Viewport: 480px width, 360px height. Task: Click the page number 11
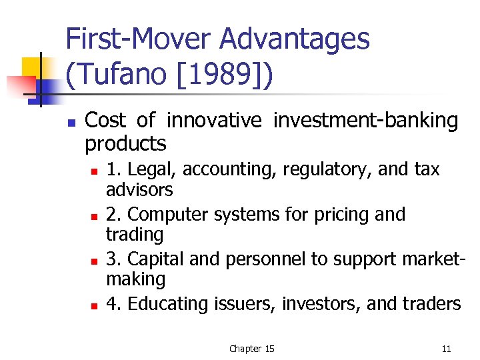(446, 349)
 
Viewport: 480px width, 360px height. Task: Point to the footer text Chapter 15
(251, 349)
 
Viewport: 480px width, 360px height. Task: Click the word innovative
(215, 121)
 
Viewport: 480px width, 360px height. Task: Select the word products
(125, 143)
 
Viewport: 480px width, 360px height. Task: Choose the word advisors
(139, 190)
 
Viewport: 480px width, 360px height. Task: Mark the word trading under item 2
(135, 235)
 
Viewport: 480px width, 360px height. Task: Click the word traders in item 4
(431, 304)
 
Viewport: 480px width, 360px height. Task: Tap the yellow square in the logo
(31, 68)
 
